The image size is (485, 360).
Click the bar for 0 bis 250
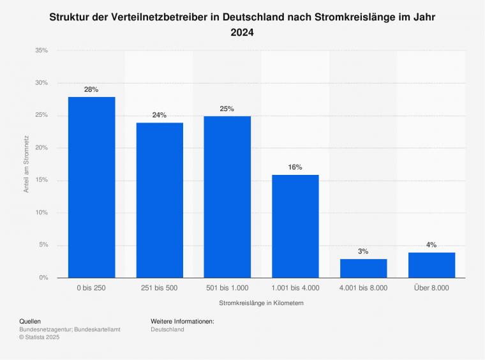[91, 187]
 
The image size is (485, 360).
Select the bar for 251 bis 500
[160, 200]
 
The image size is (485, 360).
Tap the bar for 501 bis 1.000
[227, 197]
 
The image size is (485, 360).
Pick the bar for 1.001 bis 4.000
[295, 226]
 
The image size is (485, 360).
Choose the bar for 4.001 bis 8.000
[363, 268]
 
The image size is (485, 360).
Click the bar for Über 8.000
[431, 265]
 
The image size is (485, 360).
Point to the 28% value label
[91, 89]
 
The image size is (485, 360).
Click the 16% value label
[295, 167]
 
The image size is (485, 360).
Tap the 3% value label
[363, 251]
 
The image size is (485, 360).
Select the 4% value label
[431, 244]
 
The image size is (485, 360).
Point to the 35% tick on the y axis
[41, 50]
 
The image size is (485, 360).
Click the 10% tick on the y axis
[41, 213]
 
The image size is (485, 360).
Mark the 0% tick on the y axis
[43, 278]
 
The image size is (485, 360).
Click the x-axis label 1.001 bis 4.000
[295, 289]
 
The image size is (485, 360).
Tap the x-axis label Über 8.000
[431, 289]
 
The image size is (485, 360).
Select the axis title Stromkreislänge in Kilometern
[261, 304]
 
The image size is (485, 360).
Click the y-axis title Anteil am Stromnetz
[27, 164]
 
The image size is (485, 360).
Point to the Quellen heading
[31, 321]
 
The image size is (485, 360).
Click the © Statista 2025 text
[40, 338]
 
